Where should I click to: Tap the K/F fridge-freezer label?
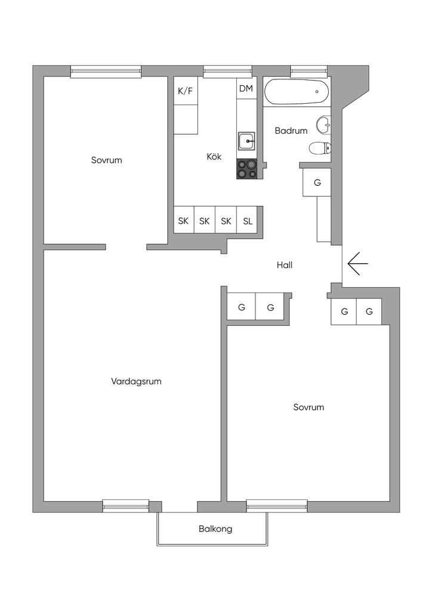[x=185, y=91]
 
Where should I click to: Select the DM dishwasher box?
[x=246, y=89]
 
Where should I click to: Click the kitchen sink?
[x=246, y=141]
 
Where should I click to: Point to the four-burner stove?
[x=247, y=169]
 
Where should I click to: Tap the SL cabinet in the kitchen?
[x=248, y=221]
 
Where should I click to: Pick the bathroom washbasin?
[x=323, y=125]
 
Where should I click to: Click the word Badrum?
[x=291, y=131]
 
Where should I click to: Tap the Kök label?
[x=214, y=157]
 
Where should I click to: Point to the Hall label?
[x=285, y=266]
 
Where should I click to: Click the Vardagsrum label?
[x=137, y=381]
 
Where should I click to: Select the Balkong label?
[x=215, y=529]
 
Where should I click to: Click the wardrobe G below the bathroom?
[x=317, y=183]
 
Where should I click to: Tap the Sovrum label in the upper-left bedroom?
[x=107, y=160]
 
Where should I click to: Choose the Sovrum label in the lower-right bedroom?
[x=308, y=408]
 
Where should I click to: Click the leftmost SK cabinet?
[x=183, y=221]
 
